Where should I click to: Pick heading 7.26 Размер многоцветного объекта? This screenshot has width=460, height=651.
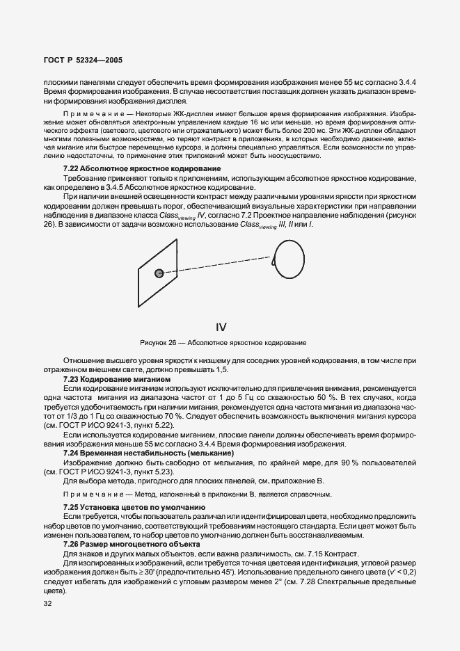coord(129,542)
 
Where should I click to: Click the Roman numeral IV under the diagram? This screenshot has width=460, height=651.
coord(221,325)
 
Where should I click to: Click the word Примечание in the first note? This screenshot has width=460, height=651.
coord(86,113)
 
